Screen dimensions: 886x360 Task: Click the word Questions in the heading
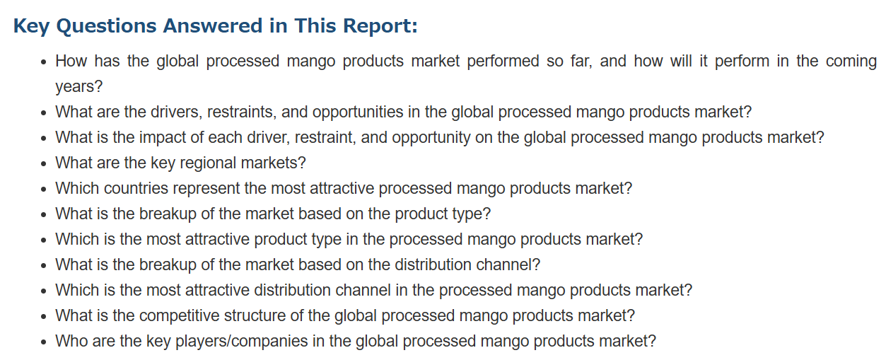tap(106, 26)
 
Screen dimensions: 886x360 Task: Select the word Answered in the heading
tap(213, 25)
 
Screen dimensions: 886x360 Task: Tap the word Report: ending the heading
tap(380, 26)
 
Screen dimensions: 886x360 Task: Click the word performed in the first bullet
tap(503, 62)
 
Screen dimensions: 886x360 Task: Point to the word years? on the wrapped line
tap(79, 86)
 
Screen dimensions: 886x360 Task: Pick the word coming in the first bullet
tap(851, 62)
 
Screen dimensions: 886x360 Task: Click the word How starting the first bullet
tap(71, 62)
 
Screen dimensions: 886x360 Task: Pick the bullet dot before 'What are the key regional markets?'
tap(44, 164)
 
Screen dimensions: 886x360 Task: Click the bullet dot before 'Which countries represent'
tap(44, 189)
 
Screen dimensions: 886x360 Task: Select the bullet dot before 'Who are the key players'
tap(44, 342)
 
